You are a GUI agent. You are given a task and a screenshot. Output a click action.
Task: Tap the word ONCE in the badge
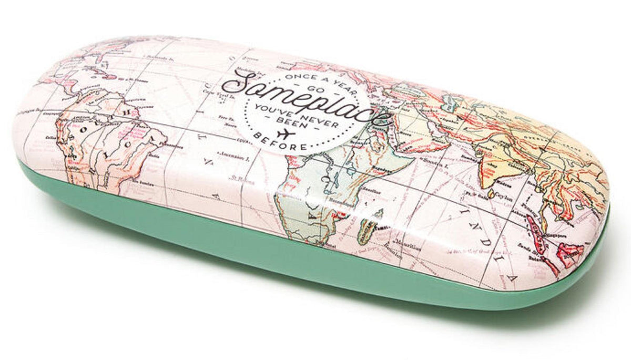tap(292, 77)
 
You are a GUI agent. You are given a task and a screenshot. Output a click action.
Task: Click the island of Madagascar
tap(368, 231)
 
